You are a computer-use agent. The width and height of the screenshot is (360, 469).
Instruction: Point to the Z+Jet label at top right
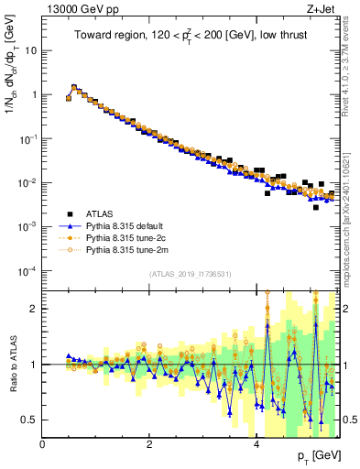[x=317, y=8]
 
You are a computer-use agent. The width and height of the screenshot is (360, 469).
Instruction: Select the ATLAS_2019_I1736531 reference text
[x=190, y=274]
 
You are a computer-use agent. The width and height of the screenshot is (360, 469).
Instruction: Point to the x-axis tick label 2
[x=149, y=444]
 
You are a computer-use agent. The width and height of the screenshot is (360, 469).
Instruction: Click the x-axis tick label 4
[x=256, y=444]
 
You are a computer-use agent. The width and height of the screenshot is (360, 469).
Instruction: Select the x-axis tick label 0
[x=43, y=444]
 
